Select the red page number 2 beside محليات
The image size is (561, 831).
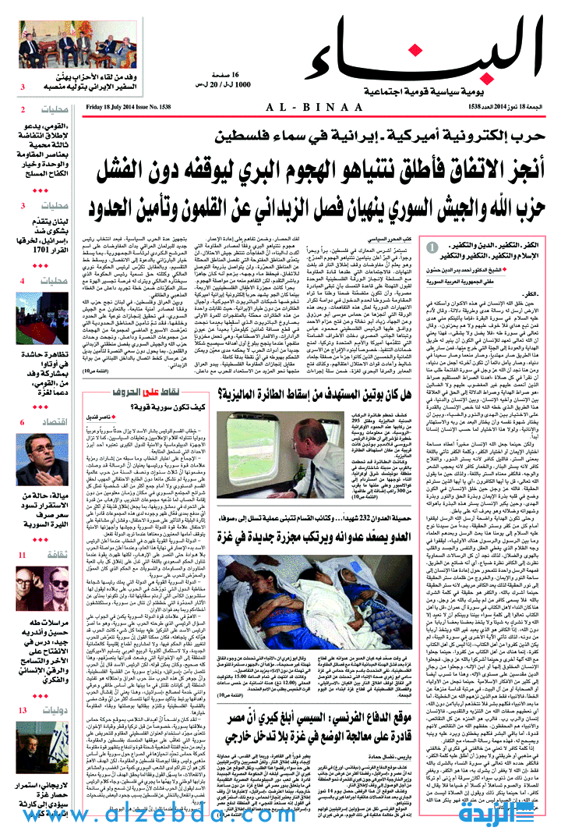coord(23,110)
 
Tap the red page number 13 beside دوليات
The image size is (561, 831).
coord(23,710)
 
